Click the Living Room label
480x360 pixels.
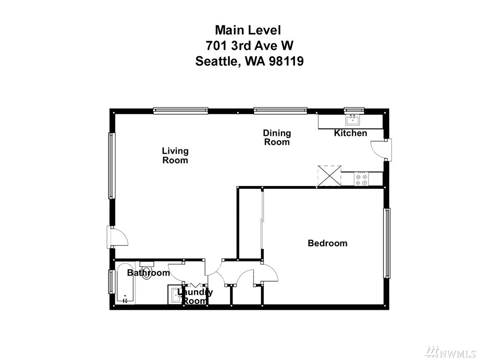(175, 156)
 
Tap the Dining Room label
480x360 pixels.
(277, 138)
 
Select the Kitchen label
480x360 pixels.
(350, 133)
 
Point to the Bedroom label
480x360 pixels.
(328, 243)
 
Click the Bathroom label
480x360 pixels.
(148, 273)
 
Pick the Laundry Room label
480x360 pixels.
(195, 296)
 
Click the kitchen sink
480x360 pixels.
(353, 120)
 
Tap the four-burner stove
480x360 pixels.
(362, 179)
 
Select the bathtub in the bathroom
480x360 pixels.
(125, 283)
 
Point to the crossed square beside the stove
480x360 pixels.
(330, 176)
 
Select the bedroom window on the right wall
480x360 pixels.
(387, 243)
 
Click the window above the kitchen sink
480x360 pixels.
(354, 110)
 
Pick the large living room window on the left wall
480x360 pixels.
(112, 165)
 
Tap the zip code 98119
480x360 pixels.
(286, 61)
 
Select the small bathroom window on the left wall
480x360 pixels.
(112, 282)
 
